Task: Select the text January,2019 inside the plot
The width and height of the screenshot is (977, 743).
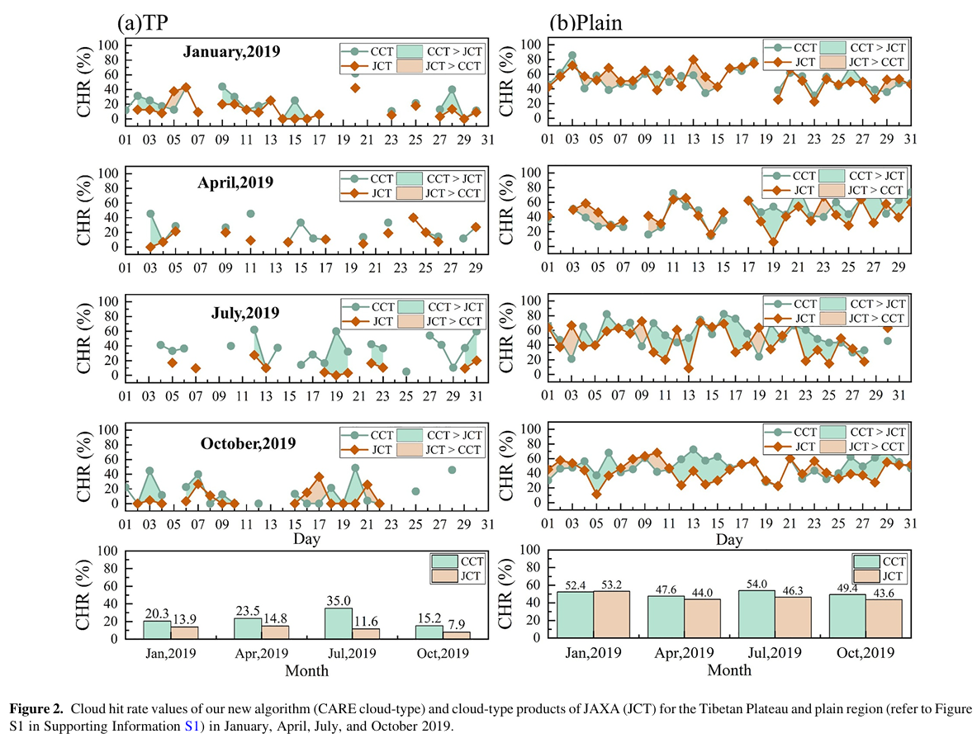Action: (x=231, y=52)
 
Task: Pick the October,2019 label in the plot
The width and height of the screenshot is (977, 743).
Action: (x=248, y=443)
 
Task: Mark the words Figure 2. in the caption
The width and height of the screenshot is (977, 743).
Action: (x=36, y=709)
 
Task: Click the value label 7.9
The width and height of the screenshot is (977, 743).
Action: (x=457, y=623)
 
